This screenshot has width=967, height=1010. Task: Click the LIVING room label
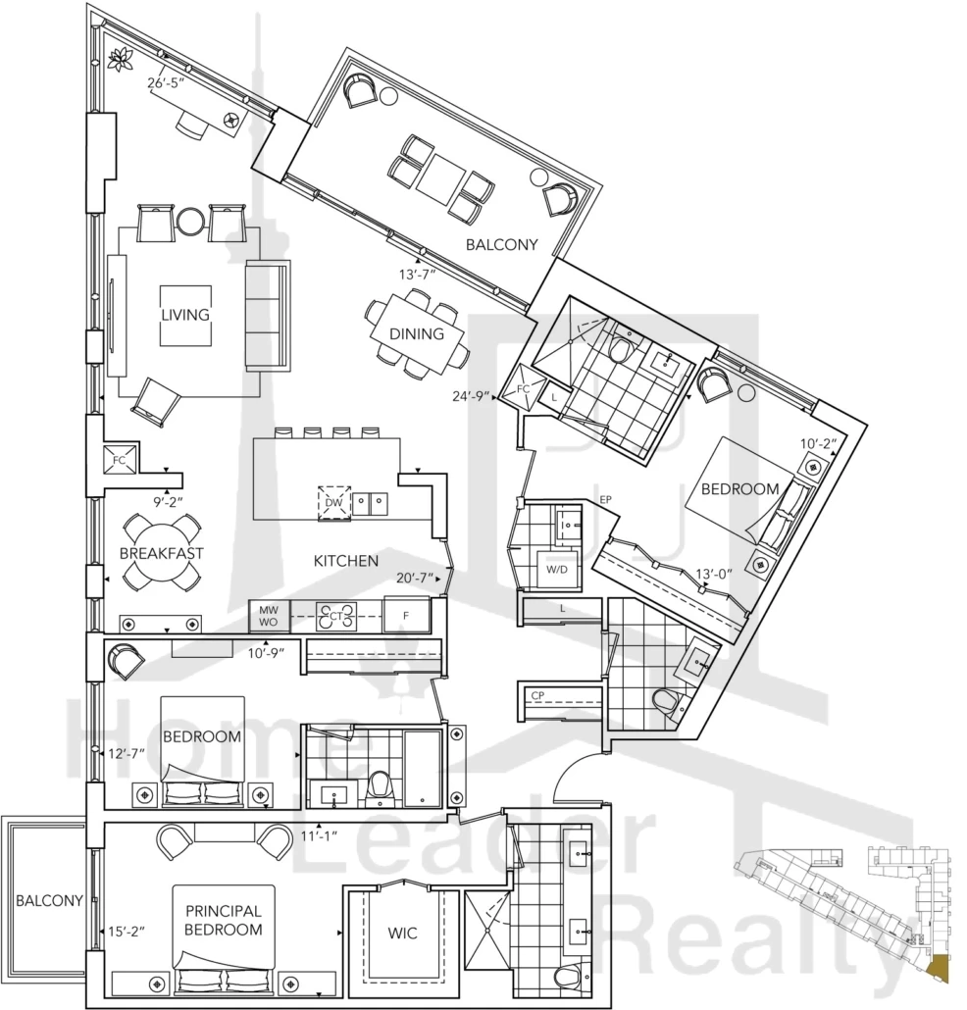click(185, 315)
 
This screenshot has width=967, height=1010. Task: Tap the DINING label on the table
click(417, 333)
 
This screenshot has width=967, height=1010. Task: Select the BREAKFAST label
click(161, 553)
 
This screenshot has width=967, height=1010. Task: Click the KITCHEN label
click(346, 561)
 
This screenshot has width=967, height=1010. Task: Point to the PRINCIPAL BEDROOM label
click(224, 921)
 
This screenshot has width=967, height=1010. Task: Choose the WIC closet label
click(403, 933)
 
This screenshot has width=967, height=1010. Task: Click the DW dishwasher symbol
click(334, 502)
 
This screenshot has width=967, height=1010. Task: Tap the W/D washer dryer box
click(557, 570)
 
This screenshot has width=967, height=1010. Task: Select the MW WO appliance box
click(270, 616)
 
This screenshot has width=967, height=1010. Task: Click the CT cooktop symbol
click(335, 617)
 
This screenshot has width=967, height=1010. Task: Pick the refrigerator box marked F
click(406, 615)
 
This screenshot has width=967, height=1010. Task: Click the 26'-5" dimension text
click(166, 83)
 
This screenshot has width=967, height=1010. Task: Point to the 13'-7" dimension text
click(418, 275)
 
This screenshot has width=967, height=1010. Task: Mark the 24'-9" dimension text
click(472, 396)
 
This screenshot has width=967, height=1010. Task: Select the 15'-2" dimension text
click(127, 931)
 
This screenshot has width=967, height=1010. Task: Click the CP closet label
click(538, 695)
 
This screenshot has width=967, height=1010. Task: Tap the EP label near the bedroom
click(605, 499)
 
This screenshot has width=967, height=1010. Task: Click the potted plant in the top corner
click(121, 59)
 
